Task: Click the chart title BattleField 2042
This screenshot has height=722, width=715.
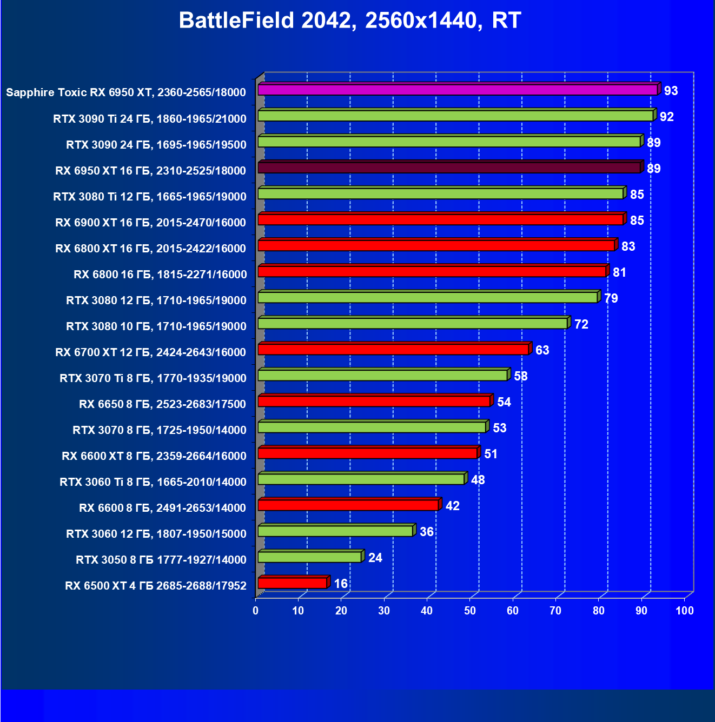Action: click(x=349, y=21)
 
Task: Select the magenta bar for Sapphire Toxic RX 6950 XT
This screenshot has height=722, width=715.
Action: click(x=457, y=90)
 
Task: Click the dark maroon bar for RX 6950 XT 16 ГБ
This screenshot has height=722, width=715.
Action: click(x=449, y=168)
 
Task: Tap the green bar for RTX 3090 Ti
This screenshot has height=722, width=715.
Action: click(x=455, y=116)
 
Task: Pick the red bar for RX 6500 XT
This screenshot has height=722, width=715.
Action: click(x=292, y=583)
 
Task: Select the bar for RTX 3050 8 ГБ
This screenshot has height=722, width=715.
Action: click(x=309, y=557)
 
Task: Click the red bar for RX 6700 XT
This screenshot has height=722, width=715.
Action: click(x=393, y=350)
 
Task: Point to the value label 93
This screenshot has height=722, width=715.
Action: click(x=671, y=91)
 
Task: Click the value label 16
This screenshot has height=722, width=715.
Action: click(x=341, y=584)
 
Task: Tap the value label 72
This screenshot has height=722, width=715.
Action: click(x=581, y=324)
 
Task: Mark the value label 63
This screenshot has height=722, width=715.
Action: click(x=542, y=350)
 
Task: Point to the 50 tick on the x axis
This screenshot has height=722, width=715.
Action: click(x=469, y=611)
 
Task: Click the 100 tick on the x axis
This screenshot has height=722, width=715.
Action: click(x=684, y=611)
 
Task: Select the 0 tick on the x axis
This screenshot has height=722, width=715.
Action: click(x=256, y=611)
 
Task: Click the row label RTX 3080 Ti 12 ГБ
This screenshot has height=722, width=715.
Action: click(x=150, y=197)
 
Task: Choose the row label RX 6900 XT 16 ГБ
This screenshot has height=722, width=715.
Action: click(x=150, y=223)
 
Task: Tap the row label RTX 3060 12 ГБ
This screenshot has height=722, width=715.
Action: click(x=156, y=534)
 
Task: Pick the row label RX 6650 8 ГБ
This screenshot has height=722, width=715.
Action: click(x=162, y=404)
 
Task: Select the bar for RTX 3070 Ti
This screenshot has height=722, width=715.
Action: click(x=382, y=376)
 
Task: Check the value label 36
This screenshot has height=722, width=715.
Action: click(x=426, y=532)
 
